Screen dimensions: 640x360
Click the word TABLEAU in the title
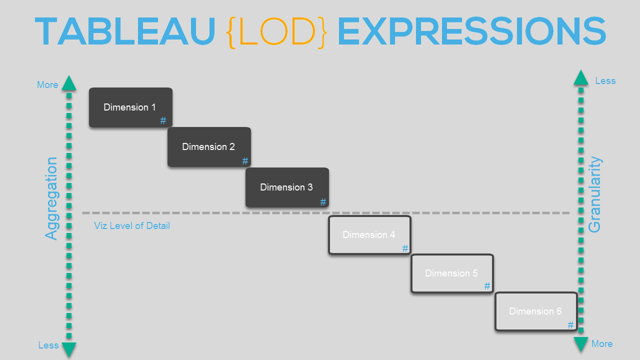[x=125, y=31]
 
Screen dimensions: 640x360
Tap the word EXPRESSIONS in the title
[x=471, y=31]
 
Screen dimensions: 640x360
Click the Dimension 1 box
[x=130, y=107]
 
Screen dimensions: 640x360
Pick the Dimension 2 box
[x=209, y=147]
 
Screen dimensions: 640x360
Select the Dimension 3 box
[x=287, y=187]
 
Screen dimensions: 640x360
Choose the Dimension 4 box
[x=369, y=235]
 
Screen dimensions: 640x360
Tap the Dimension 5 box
[x=452, y=273]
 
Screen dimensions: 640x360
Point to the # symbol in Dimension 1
[x=163, y=120]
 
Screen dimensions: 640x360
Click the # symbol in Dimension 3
[x=323, y=202]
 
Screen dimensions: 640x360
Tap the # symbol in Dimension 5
[x=487, y=286]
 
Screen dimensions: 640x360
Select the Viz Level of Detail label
[x=132, y=225]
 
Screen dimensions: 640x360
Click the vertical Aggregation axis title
[x=51, y=198]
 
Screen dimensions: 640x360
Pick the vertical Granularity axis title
[x=595, y=194]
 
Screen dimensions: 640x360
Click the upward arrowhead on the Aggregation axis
[x=69, y=83]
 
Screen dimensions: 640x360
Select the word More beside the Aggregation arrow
[x=47, y=85]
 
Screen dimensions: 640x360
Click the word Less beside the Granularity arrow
[x=605, y=81]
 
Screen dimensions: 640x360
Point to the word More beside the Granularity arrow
[x=602, y=343]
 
